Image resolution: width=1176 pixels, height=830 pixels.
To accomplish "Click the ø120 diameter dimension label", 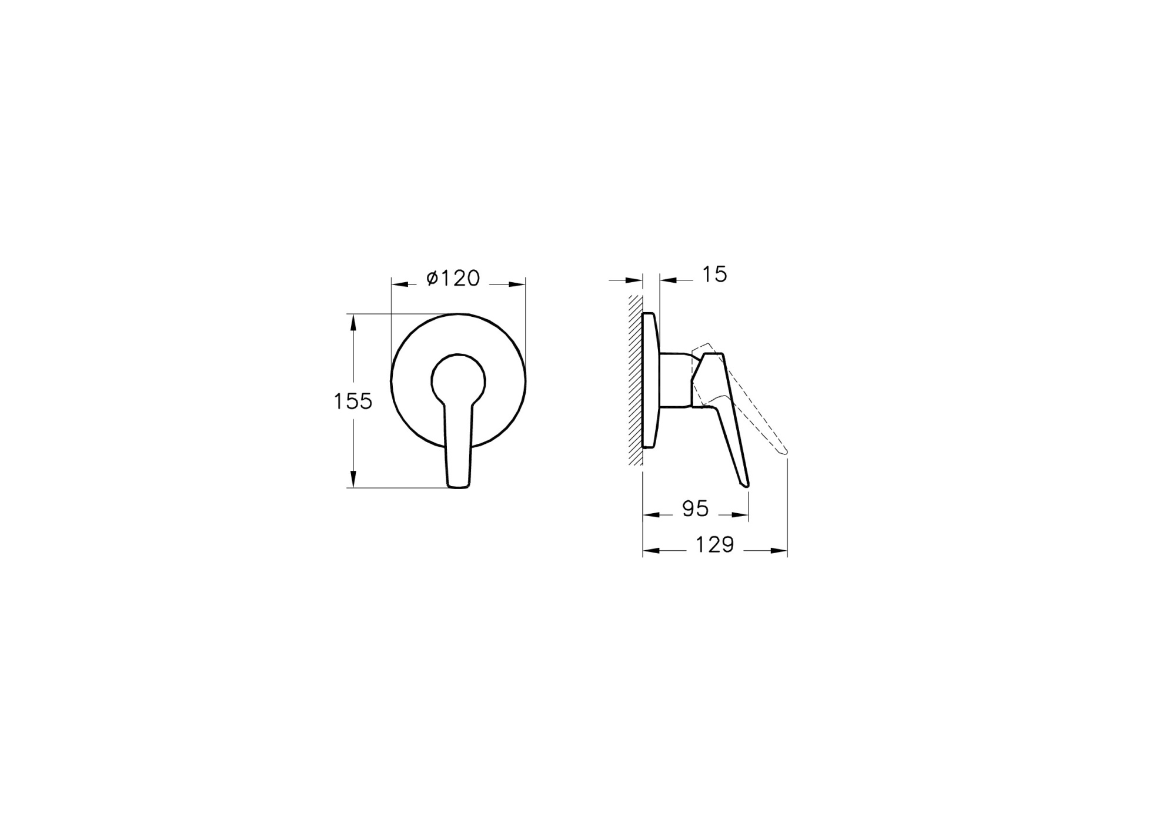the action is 453,278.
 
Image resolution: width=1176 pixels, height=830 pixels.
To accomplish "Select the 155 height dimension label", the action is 353,401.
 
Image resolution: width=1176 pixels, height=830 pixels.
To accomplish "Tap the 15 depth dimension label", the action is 714,275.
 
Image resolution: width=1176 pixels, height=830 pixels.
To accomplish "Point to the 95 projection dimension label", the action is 695,509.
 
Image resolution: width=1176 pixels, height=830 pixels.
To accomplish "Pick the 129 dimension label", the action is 715,545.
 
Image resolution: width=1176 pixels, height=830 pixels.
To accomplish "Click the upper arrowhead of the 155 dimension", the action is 353,322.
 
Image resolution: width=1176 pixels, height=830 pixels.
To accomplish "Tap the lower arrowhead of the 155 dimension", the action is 353,480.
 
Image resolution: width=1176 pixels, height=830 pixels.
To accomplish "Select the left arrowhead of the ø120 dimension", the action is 400,285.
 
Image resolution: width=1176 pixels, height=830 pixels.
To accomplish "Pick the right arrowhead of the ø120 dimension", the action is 517,285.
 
